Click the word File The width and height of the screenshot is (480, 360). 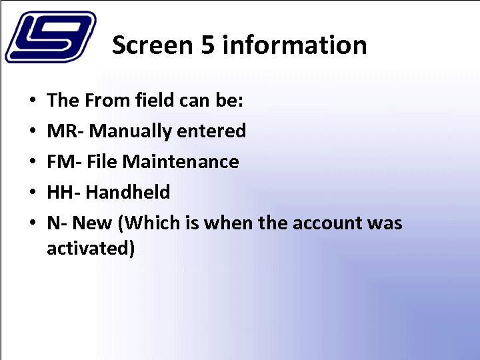pyautogui.click(x=99, y=162)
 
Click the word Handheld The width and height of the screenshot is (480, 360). pyautogui.click(x=128, y=193)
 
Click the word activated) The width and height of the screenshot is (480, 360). pyautogui.click(x=91, y=249)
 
